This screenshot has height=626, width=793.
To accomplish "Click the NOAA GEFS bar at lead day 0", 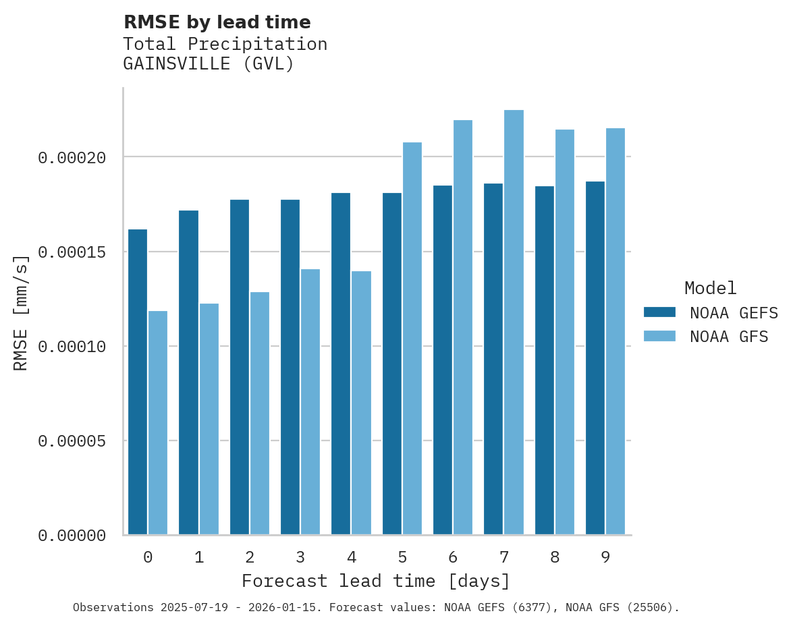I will click(138, 382).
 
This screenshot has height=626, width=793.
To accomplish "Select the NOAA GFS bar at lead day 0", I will click(158, 423).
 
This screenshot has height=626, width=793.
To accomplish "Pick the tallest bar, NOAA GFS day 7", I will click(514, 322).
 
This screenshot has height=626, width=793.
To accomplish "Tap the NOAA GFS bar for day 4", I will click(361, 403).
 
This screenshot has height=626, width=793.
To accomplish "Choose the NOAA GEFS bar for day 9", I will click(595, 358).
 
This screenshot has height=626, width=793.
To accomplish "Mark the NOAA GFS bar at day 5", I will click(412, 339).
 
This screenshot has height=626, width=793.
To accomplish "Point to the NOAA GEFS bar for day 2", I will click(240, 367).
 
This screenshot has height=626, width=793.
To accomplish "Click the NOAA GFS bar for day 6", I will click(463, 327).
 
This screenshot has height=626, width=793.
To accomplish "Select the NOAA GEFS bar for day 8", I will click(545, 360).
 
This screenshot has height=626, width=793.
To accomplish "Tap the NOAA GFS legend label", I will click(729, 336).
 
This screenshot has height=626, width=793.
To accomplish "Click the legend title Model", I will click(710, 288).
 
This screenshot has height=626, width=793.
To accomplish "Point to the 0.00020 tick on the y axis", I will click(72, 158).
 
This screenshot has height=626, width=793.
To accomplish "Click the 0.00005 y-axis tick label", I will click(72, 441).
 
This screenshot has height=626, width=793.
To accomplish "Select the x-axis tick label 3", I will click(300, 557).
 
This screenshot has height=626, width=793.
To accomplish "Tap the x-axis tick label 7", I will click(503, 557).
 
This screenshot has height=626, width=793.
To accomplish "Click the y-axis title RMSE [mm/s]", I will click(21, 313).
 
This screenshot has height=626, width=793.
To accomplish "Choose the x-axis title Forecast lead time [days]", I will click(376, 581).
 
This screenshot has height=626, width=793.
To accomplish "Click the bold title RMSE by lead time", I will click(217, 22).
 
